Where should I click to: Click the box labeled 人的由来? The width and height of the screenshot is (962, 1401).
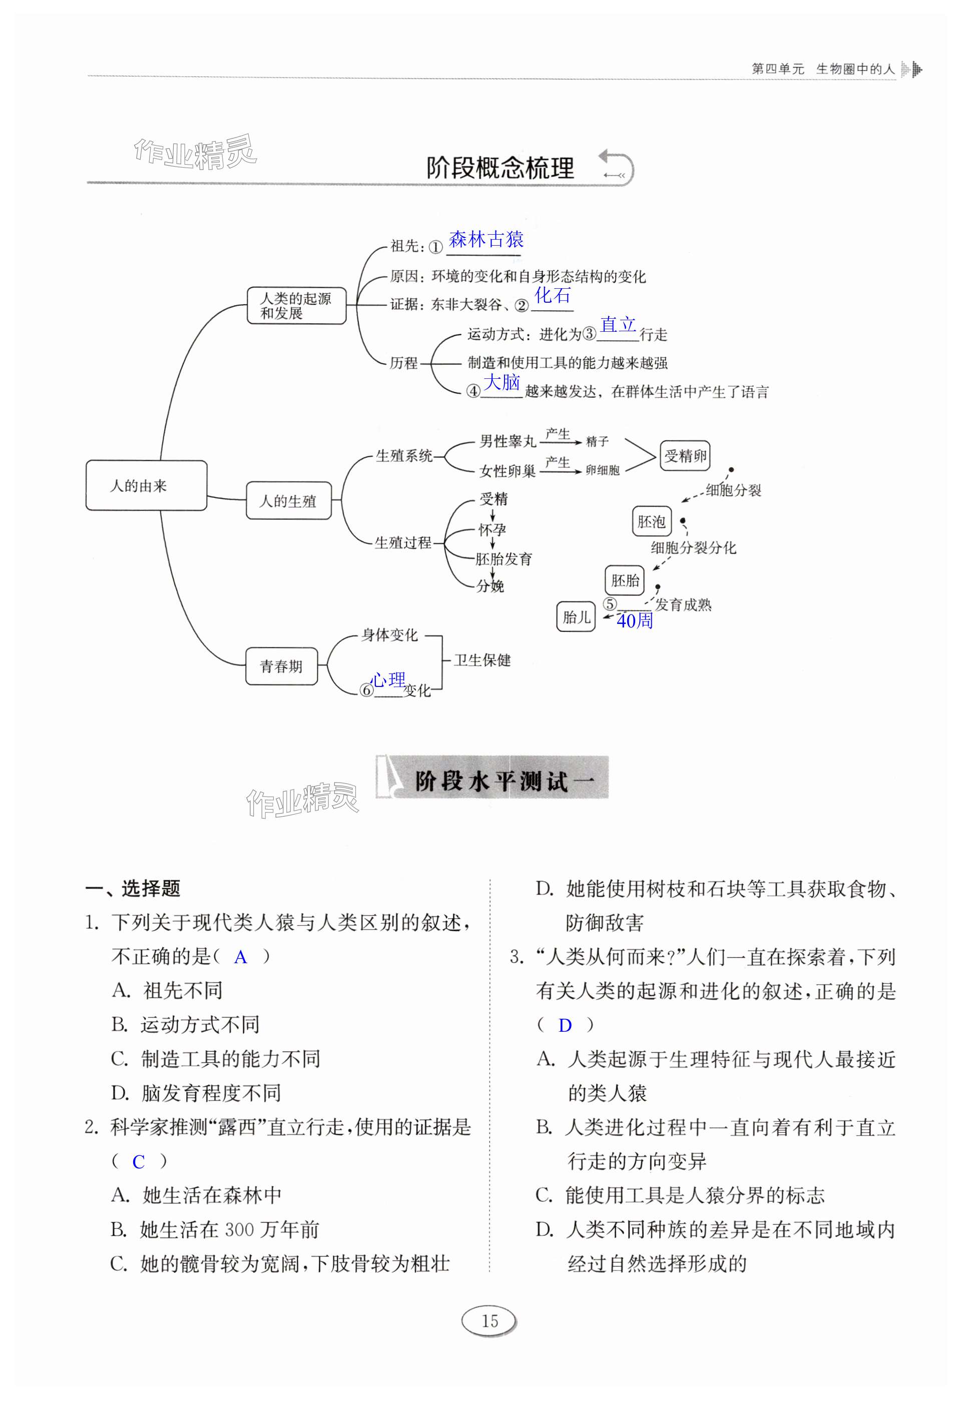point(146,485)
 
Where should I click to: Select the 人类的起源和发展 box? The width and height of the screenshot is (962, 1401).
point(296,306)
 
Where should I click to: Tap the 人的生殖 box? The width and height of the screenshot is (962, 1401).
point(288,500)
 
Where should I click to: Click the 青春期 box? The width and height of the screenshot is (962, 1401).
point(281,665)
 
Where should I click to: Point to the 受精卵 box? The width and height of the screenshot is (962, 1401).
point(685,456)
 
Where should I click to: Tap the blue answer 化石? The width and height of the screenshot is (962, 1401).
point(552,295)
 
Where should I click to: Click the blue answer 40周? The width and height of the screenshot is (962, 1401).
point(635,620)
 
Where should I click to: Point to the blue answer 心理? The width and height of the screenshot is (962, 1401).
point(388,679)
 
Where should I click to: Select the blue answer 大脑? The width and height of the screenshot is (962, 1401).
point(502,382)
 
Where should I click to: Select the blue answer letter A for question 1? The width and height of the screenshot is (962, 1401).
point(240,957)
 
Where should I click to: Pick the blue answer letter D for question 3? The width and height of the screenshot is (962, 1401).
point(565,1025)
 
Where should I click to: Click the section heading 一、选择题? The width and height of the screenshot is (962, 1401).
point(133,888)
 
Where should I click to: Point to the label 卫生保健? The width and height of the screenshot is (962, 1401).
point(482,660)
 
